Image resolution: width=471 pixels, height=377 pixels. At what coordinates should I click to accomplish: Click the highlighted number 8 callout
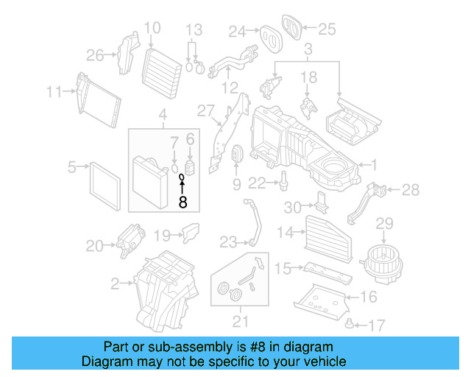[x=183, y=200]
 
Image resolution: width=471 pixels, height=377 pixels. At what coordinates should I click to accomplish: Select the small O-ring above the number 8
[x=182, y=177]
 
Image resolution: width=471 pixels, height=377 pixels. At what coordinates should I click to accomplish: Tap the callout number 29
[x=386, y=223]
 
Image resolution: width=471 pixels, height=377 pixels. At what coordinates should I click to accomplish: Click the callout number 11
[x=52, y=92]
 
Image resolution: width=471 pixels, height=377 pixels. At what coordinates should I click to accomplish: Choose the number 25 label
[x=326, y=29]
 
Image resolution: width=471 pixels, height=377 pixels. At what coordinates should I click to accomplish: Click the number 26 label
[x=96, y=54]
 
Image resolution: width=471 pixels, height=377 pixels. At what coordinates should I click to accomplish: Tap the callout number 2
[x=116, y=282]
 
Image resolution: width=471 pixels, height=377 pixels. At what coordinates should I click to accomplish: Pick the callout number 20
[x=95, y=246]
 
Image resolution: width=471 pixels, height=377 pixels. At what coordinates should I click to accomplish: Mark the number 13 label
[x=193, y=30]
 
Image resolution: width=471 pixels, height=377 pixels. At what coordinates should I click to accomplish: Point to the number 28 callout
[x=411, y=190]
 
